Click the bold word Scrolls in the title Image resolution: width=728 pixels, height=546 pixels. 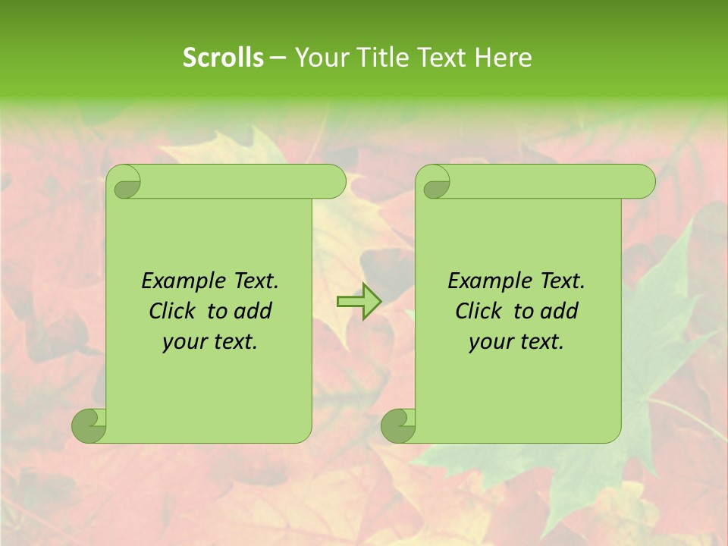click(x=223, y=58)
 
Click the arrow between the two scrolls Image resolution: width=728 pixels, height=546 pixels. click(x=359, y=302)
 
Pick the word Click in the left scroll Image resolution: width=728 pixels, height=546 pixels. click(x=171, y=311)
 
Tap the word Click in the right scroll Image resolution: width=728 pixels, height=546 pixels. click(x=478, y=311)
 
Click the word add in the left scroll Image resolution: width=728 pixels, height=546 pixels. click(x=253, y=311)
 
